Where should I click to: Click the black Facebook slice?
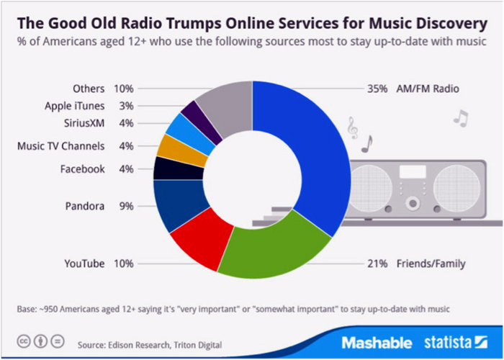click(x=167, y=168)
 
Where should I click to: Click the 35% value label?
click(x=378, y=89)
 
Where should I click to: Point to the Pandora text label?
click(x=84, y=206)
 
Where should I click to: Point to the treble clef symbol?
click(x=352, y=129)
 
